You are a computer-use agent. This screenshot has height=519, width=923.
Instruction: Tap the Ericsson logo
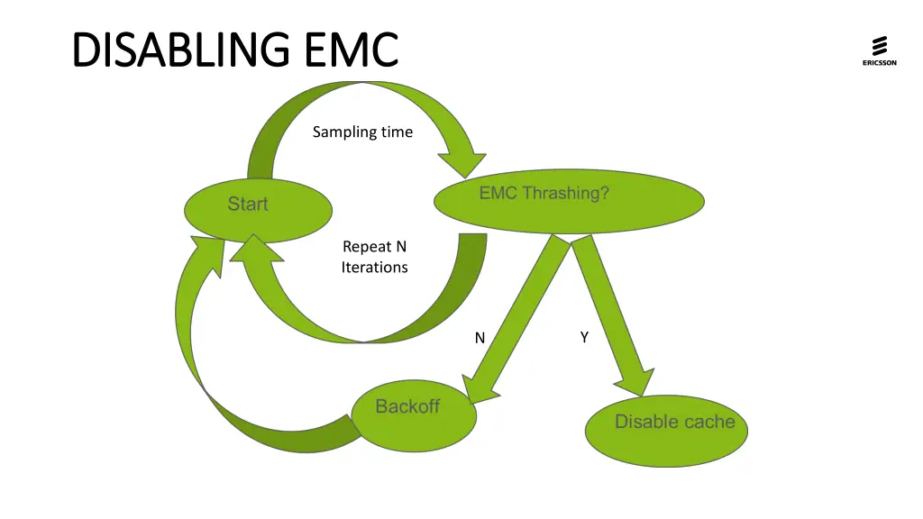pos(879,50)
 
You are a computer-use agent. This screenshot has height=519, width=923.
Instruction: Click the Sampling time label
pos(362,132)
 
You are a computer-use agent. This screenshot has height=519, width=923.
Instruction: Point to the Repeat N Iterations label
pos(374,257)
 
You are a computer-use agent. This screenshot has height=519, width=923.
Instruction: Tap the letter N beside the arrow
pos(480,338)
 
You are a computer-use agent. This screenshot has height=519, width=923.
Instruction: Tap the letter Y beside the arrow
pos(584,337)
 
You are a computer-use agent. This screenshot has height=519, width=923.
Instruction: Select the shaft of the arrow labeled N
pos(522,306)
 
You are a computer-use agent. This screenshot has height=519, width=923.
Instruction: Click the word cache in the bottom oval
pos(708,422)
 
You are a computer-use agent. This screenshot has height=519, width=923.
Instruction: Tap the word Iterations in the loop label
pos(374,268)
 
